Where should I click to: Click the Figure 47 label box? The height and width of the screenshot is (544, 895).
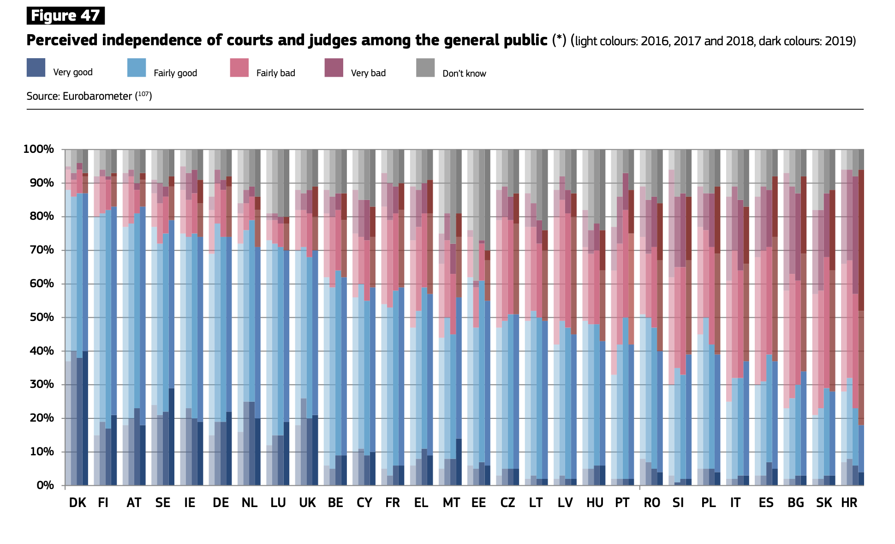click(66, 16)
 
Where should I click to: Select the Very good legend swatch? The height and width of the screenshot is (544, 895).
click(36, 67)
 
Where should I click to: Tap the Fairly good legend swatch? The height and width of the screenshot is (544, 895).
click(137, 67)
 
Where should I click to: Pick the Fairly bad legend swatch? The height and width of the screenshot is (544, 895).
click(239, 67)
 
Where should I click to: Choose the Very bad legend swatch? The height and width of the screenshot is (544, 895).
click(334, 67)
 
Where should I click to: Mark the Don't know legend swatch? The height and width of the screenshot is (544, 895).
click(425, 67)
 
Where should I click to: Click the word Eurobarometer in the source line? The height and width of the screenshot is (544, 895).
click(97, 96)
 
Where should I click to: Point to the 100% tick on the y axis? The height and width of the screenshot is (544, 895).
click(39, 149)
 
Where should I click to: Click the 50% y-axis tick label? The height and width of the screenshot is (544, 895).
click(42, 317)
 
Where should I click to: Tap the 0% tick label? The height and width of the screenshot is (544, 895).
click(45, 485)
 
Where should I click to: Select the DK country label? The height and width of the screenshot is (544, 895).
click(78, 503)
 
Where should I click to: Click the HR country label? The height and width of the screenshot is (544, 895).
click(849, 503)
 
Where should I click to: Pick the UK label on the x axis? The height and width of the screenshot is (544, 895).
click(307, 503)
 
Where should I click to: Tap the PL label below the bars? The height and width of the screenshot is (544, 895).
click(708, 503)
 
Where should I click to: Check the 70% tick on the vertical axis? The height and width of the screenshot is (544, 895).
click(42, 250)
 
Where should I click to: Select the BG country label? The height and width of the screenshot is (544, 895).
click(795, 503)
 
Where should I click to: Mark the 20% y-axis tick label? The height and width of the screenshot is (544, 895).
click(42, 418)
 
